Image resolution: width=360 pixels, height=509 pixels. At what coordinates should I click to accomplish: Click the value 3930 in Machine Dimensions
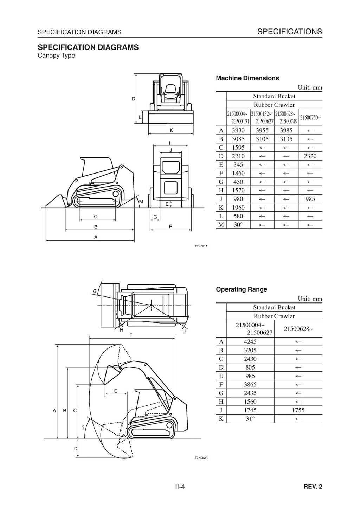[x=238, y=131]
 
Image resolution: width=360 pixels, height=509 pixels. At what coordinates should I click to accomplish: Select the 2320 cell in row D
[x=310, y=156]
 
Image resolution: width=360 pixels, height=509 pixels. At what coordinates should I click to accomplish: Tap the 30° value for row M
[x=238, y=225]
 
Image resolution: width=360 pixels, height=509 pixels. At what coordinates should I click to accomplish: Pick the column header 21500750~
[x=310, y=118]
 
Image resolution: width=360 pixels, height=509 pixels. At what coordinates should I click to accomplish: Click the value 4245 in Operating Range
[x=250, y=342]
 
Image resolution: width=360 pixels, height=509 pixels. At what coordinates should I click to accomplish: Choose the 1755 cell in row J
[x=298, y=410]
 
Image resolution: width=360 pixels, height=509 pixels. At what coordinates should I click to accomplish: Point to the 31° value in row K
[x=250, y=419]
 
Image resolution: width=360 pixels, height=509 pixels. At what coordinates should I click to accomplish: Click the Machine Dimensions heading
[x=247, y=78]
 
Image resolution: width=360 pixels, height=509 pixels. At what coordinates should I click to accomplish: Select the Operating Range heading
[x=241, y=289]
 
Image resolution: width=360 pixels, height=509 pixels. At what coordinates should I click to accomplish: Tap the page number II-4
[x=180, y=487]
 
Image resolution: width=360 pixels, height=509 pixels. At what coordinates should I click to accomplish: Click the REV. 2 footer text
[x=313, y=487]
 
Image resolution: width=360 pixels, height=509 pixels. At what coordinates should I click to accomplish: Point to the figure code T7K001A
[x=201, y=246]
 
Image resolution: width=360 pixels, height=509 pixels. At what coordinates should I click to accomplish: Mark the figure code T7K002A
[x=201, y=458]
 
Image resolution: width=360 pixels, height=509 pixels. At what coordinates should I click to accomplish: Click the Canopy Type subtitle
[x=56, y=56]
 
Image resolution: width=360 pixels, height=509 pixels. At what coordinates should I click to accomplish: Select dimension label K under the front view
[x=171, y=130]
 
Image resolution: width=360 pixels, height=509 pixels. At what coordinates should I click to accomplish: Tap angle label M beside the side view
[x=141, y=202]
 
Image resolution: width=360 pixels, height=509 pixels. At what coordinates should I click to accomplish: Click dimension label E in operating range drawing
[x=116, y=391]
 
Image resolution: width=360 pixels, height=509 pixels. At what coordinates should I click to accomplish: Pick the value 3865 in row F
[x=250, y=385]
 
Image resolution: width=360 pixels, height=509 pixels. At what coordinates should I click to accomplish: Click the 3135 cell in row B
[x=286, y=139]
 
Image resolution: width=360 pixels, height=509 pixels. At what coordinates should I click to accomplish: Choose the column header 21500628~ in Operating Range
[x=298, y=329]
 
